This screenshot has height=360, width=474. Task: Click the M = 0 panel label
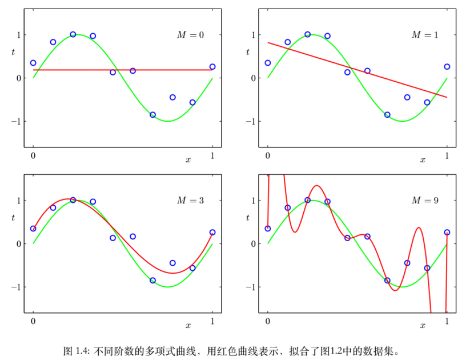click(190, 35)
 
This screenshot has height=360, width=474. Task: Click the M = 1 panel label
click(425, 35)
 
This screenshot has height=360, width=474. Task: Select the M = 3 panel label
click(190, 201)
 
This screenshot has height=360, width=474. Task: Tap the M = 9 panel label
click(425, 201)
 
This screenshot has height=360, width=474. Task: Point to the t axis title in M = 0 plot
click(13, 53)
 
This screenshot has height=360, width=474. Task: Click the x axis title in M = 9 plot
click(423, 325)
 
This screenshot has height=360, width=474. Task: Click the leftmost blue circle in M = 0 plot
click(33, 63)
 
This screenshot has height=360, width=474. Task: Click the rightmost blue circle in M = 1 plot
click(447, 67)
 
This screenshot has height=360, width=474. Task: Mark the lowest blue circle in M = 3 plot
click(152, 280)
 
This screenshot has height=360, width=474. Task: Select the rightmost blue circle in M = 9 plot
click(447, 232)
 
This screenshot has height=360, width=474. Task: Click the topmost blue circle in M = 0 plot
click(73, 34)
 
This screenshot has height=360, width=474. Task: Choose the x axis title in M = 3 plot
click(188, 325)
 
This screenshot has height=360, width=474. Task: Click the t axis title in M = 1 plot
click(248, 53)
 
